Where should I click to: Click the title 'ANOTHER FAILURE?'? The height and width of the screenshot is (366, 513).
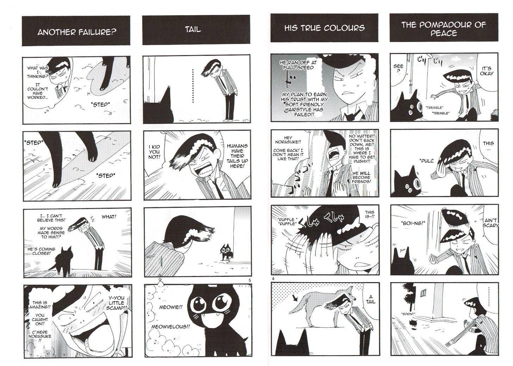pyautogui.click(x=77, y=32)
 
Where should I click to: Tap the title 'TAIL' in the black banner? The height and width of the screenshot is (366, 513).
pyautogui.click(x=193, y=29)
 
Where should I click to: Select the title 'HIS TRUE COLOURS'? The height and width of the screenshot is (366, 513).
pyautogui.click(x=324, y=28)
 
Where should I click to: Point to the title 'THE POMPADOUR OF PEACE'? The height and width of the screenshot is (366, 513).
pyautogui.click(x=444, y=29)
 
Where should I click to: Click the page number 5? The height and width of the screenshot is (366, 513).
pyautogui.click(x=249, y=280)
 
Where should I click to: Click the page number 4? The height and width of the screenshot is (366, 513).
pyautogui.click(x=273, y=279)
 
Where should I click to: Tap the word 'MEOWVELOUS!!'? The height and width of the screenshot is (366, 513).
pyautogui.click(x=171, y=327)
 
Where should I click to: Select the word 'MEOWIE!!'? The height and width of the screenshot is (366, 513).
pyautogui.click(x=171, y=307)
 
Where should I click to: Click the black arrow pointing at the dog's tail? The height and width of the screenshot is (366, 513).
pyautogui.click(x=295, y=298)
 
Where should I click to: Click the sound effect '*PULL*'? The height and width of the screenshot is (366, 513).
pyautogui.click(x=427, y=161)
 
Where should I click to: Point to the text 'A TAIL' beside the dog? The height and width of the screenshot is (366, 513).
pyautogui.click(x=370, y=300)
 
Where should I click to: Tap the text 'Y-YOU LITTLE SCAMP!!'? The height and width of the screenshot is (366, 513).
pyautogui.click(x=116, y=303)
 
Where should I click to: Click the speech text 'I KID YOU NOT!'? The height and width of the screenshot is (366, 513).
pyautogui.click(x=154, y=152)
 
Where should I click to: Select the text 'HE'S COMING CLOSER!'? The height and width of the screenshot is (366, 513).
pyautogui.click(x=41, y=251)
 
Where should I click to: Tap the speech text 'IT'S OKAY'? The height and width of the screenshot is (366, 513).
pyautogui.click(x=487, y=71)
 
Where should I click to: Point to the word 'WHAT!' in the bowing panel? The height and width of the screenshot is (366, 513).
pyautogui.click(x=109, y=216)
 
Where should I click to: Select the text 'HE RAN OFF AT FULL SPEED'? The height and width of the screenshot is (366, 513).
pyautogui.click(x=298, y=65)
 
